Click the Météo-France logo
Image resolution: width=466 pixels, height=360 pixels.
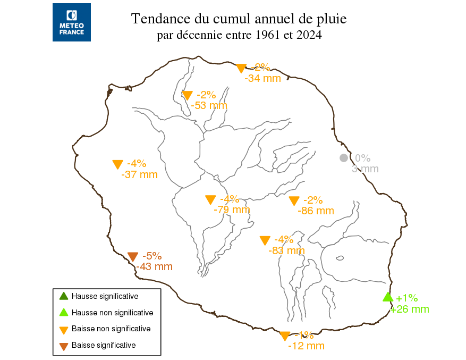tap(72, 22)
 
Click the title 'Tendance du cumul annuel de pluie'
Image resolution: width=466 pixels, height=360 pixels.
tap(239, 19)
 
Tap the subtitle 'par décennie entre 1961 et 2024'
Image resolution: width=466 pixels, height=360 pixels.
tap(239, 36)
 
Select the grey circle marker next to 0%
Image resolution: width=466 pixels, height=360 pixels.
tap(344, 158)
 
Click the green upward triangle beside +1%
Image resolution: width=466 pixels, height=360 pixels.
tap(388, 297)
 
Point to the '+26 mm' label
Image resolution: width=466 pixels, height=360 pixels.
tap(410, 309)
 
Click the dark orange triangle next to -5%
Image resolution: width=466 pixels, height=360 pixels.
tap(133, 256)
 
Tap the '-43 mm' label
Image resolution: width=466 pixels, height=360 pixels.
tap(154, 267)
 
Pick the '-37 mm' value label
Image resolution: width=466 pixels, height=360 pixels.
tap(139, 174)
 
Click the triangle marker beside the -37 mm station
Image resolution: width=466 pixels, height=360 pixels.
tap(118, 164)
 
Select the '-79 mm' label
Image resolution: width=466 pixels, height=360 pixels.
tap(232, 210)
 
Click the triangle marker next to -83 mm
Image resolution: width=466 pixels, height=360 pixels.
tap(265, 240)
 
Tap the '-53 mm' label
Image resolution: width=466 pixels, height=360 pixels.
tap(209, 105)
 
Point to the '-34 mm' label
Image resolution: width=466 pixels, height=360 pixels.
tap(262, 79)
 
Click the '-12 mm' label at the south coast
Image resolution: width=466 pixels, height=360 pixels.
tap(306, 346)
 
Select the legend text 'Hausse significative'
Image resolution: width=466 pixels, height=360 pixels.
tap(105, 296)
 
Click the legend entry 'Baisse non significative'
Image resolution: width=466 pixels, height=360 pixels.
tap(111, 329)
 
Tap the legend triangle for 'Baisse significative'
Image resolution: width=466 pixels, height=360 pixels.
tap(63, 346)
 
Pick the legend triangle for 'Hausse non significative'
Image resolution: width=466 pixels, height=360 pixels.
tap(63, 313)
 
